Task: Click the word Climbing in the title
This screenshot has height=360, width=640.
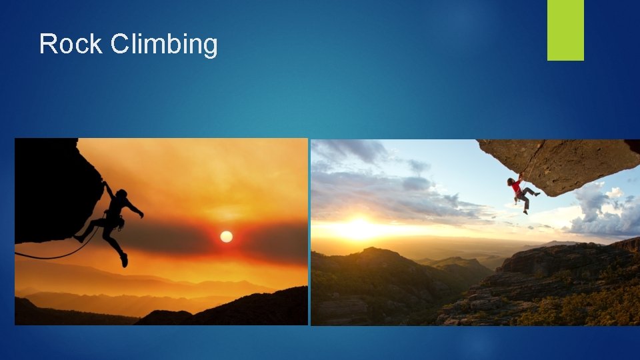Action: click(x=164, y=45)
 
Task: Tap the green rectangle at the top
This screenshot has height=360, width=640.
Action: click(x=565, y=29)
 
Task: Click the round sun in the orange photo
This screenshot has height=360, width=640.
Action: click(x=226, y=237)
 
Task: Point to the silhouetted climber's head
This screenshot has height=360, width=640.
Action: click(x=121, y=194)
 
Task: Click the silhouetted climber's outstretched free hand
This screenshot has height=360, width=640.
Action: click(x=140, y=214)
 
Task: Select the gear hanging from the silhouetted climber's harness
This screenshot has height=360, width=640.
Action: click(x=120, y=223)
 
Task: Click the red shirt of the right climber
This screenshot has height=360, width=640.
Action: click(x=515, y=187)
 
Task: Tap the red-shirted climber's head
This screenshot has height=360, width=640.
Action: click(x=511, y=181)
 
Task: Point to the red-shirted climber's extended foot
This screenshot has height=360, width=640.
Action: click(x=537, y=193)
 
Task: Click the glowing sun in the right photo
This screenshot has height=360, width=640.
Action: click(x=358, y=229)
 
